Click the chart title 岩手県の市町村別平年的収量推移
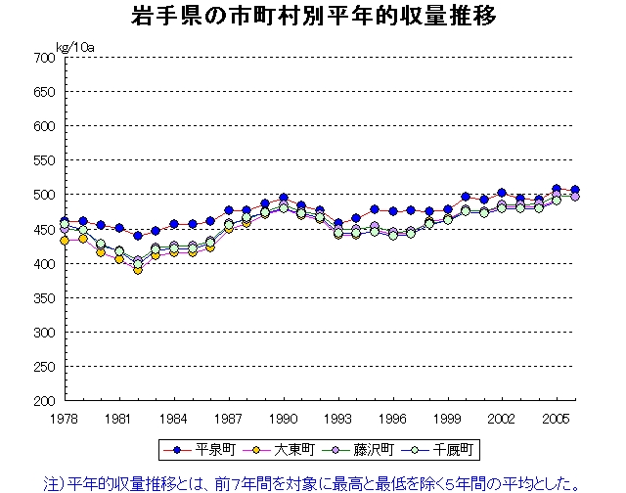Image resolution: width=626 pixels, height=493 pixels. (x=312, y=17)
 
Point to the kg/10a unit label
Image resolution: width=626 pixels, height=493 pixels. (x=76, y=46)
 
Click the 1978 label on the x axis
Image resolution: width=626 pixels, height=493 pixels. (x=65, y=419)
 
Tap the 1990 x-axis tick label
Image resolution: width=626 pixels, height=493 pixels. (x=284, y=419)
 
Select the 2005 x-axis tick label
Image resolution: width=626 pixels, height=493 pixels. (x=558, y=419)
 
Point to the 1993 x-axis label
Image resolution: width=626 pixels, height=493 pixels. (x=338, y=419)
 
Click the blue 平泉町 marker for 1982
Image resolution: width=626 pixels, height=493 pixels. (x=138, y=236)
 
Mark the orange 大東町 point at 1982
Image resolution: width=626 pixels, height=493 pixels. (x=138, y=270)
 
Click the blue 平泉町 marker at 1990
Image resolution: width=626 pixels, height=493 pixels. (x=284, y=199)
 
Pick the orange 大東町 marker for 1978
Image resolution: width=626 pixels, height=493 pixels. (x=65, y=240)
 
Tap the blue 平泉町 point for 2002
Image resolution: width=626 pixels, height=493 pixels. (x=503, y=194)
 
